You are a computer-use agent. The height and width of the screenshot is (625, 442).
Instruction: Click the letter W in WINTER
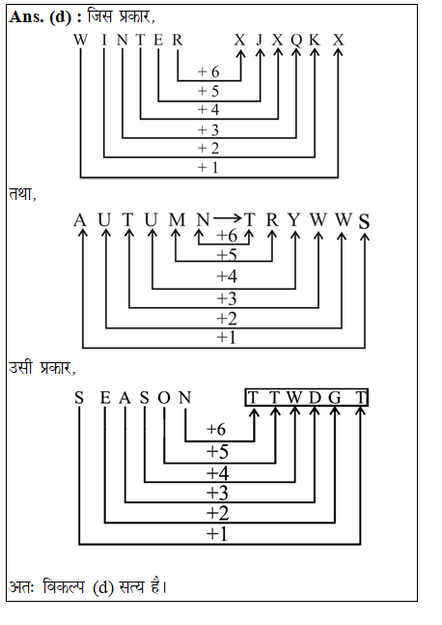(81, 40)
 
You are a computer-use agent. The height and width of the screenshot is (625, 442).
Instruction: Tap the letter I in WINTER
(103, 40)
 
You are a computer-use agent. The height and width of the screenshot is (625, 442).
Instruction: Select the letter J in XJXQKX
(260, 40)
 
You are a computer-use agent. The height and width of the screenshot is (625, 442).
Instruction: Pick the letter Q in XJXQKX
(297, 40)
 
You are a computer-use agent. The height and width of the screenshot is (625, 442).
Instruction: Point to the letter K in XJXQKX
(318, 40)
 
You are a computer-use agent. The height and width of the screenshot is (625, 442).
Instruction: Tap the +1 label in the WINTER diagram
(208, 167)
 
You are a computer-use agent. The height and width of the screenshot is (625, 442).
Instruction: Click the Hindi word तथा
(21, 193)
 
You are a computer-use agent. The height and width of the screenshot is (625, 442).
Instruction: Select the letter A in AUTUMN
(80, 220)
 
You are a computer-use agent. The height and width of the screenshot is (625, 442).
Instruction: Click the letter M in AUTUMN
(176, 220)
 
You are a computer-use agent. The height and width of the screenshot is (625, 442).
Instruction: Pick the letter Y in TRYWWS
(294, 220)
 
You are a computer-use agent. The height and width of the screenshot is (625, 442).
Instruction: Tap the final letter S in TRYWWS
(364, 221)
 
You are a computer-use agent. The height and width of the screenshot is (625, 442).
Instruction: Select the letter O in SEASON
(163, 397)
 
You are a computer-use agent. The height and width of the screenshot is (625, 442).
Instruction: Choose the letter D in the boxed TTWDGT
(314, 397)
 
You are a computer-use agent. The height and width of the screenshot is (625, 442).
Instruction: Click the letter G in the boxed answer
(335, 397)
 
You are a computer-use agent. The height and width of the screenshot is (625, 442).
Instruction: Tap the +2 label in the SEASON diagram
(217, 513)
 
